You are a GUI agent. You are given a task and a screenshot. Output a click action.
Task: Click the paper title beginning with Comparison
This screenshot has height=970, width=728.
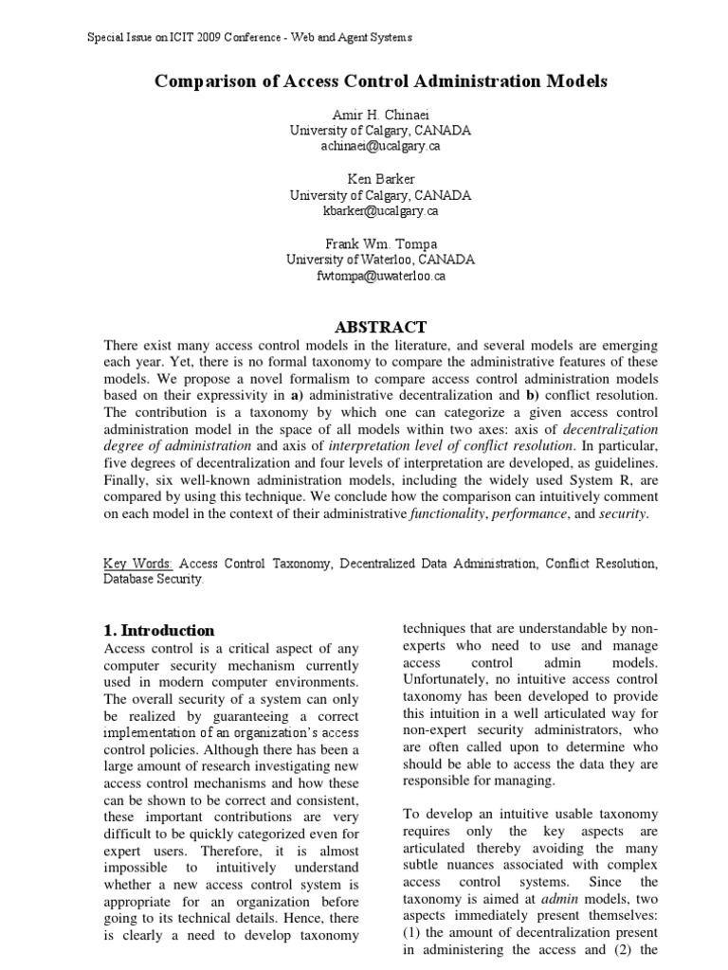(380, 82)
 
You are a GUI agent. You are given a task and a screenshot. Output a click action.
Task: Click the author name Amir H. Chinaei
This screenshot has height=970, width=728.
(380, 115)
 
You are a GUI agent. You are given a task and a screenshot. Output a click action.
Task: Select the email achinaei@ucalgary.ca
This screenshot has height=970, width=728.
(380, 147)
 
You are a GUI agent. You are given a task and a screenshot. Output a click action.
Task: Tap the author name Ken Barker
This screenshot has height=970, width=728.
(380, 179)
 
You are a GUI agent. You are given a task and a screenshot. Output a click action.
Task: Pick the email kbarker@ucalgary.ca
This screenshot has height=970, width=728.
(380, 211)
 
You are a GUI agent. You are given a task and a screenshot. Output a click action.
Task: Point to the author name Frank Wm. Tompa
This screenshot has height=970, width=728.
(380, 243)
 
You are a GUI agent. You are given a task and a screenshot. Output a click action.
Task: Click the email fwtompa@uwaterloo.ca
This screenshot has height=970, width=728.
(380, 276)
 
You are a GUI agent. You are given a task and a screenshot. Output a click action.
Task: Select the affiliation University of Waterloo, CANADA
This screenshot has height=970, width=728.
(380, 260)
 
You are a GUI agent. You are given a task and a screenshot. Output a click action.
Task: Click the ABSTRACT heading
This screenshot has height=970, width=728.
(380, 327)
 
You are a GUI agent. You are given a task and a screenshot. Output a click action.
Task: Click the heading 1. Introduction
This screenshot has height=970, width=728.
(158, 630)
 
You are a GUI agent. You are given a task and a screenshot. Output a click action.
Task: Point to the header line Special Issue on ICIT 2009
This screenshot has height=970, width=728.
(249, 38)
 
